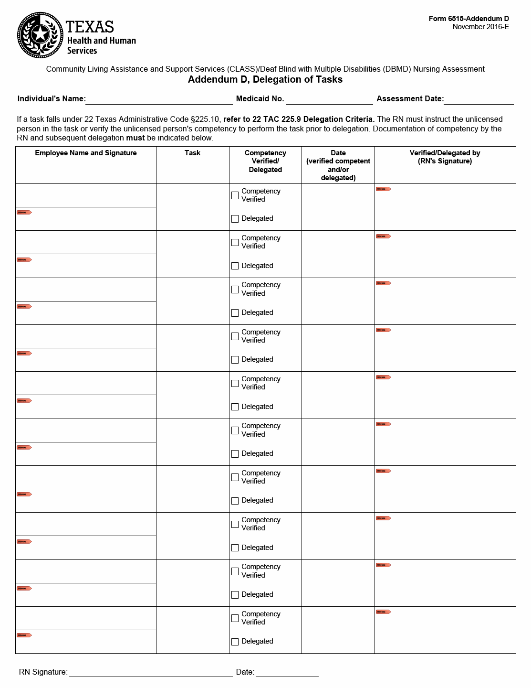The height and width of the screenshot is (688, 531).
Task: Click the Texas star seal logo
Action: click(40, 34)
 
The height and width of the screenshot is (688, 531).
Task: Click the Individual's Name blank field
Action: click(159, 99)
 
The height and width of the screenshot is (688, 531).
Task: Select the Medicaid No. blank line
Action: click(329, 99)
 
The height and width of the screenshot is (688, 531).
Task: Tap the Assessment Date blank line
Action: click(479, 99)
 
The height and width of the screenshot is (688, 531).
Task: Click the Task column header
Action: click(192, 153)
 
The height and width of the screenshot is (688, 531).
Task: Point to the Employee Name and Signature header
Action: click(86, 153)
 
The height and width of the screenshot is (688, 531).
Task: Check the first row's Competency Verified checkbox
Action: click(235, 195)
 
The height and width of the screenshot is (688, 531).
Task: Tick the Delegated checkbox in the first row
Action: click(235, 219)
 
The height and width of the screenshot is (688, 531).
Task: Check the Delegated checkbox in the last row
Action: click(235, 642)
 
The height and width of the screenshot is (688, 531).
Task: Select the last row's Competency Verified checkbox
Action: click(235, 618)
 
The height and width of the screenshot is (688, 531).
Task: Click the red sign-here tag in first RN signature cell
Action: click(384, 189)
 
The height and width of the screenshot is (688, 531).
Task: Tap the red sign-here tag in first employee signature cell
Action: click(24, 213)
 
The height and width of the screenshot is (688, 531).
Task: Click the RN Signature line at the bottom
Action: click(151, 672)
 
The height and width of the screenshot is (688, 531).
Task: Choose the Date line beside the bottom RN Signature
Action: click(287, 672)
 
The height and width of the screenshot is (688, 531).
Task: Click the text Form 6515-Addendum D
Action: click(469, 19)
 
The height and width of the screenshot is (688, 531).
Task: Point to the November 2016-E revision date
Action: click(480, 27)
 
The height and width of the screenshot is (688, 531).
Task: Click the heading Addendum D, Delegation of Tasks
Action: click(265, 80)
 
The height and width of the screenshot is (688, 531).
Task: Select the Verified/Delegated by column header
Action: click(445, 157)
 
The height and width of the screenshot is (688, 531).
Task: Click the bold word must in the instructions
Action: click(135, 138)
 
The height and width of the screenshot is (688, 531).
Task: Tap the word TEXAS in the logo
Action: click(90, 27)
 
